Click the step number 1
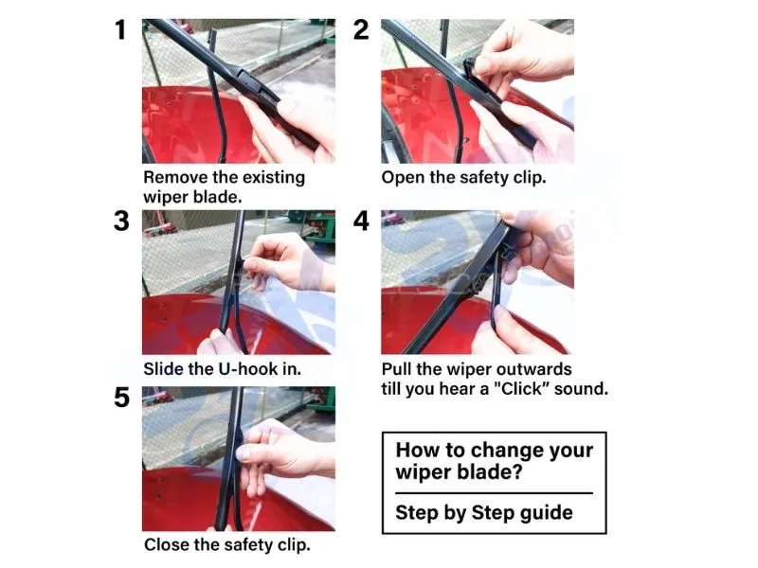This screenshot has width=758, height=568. tap(121, 30)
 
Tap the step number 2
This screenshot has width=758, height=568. tap(361, 30)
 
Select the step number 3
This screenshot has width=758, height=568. tap(121, 222)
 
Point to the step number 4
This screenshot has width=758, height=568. tap(361, 222)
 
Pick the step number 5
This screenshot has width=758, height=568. tap(121, 398)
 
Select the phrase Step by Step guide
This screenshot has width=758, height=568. tap(484, 513)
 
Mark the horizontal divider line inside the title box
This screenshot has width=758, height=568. tap(494, 493)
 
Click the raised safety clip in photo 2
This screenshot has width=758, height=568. tap(469, 66)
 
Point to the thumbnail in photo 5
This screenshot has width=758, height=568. tap(244, 453)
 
